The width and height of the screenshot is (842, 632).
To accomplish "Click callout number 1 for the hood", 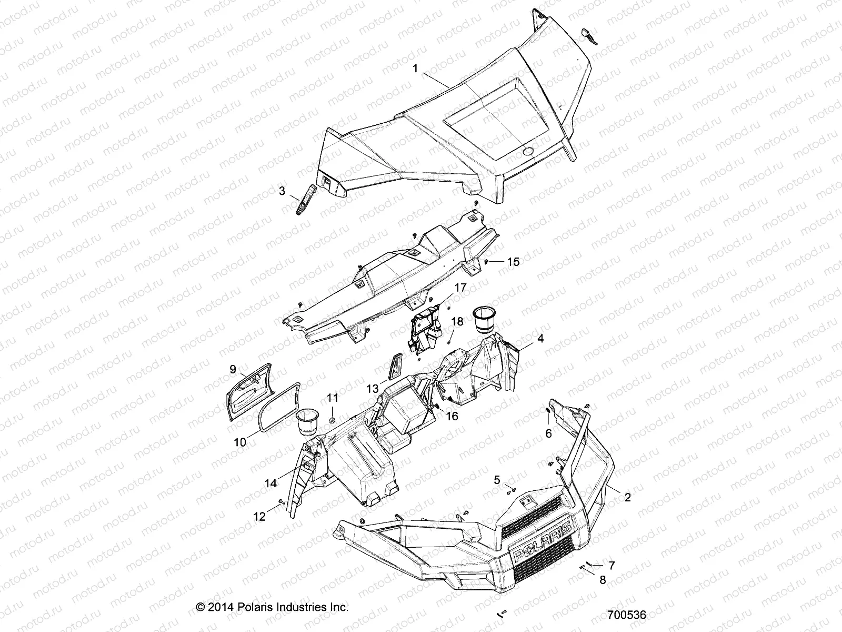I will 415,69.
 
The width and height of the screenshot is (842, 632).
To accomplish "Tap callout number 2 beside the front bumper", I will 627,497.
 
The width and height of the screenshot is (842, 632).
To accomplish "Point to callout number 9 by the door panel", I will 233,370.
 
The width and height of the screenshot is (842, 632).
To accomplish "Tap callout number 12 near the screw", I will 259,517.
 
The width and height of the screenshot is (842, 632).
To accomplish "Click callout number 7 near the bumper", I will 611,566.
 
